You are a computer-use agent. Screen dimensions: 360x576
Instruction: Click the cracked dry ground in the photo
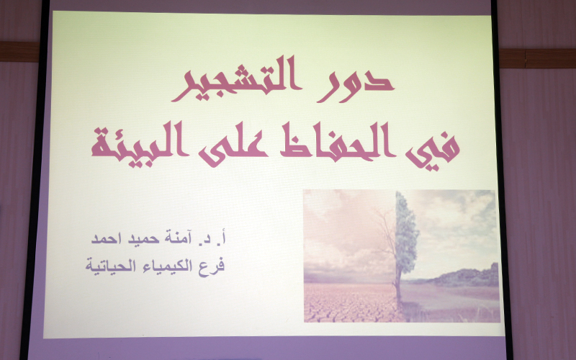tap(346, 302)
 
